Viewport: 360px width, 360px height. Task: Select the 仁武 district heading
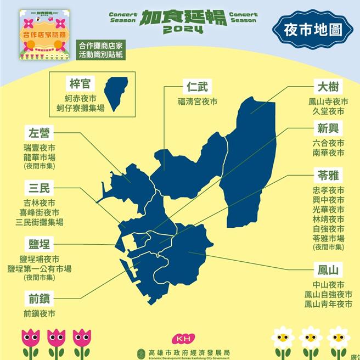click(198, 87)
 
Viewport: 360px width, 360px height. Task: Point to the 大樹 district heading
click(327, 87)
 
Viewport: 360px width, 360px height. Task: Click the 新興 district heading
click(327, 129)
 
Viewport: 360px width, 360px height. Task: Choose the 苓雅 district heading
click(327, 176)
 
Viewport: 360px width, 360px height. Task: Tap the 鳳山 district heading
click(327, 269)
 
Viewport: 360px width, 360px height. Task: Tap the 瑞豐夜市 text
click(40, 148)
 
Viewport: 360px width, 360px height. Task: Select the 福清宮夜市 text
click(198, 102)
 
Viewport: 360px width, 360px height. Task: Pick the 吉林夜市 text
click(40, 203)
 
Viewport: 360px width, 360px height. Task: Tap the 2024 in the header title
click(183, 29)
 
